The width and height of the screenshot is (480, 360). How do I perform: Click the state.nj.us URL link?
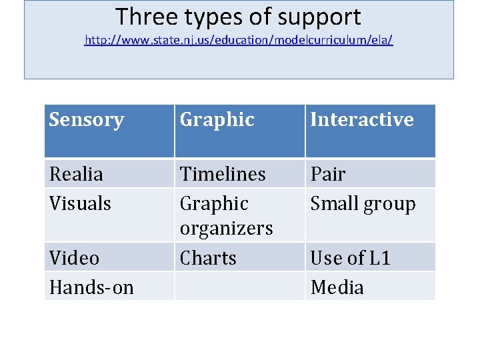click(239, 41)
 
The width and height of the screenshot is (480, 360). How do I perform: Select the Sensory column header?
click(87, 120)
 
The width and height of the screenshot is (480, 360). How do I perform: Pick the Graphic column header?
click(217, 120)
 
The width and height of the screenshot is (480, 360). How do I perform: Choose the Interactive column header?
click(362, 120)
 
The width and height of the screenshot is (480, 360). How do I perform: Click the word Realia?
click(76, 174)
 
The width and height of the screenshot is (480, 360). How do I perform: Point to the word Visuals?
click(80, 203)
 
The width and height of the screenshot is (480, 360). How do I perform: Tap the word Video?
click(74, 258)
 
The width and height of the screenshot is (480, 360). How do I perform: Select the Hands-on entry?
click(91, 287)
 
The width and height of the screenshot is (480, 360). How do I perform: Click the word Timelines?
click(223, 174)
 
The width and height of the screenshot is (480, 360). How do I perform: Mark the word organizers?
click(227, 229)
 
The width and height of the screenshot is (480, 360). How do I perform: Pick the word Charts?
click(208, 258)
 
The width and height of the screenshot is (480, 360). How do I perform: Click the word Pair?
click(328, 174)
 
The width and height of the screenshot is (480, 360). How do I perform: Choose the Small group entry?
click(363, 204)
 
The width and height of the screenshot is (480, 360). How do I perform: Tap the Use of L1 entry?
click(350, 258)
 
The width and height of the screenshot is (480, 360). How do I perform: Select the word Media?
click(337, 287)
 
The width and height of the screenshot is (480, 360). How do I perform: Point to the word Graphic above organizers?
click(214, 203)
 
